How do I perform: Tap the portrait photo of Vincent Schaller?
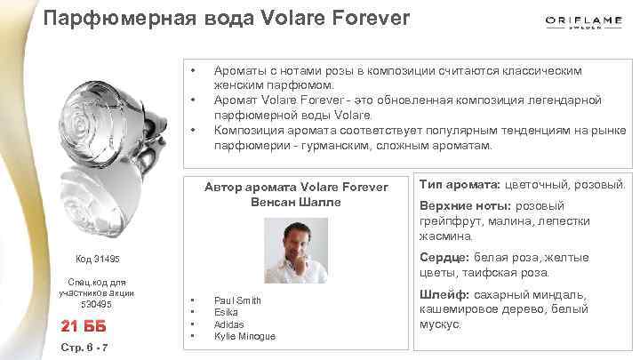pyautogui.click(x=296, y=250)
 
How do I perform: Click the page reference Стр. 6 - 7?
pyautogui.click(x=82, y=347)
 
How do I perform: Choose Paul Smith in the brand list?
pyautogui.click(x=237, y=300)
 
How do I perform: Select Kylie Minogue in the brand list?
pyautogui.click(x=244, y=336)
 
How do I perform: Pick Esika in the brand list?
pyautogui.click(x=226, y=312)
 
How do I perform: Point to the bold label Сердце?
pyautogui.click(x=447, y=258)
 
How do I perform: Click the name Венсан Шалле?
pyautogui.click(x=296, y=202)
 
